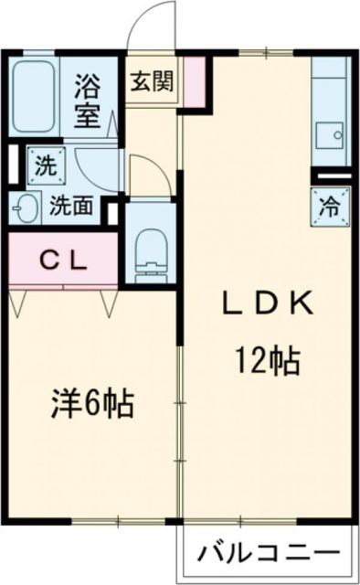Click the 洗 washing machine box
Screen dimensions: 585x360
(x=43, y=166)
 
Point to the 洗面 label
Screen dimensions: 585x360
(x=71, y=207)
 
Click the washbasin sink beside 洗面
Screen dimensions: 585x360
(x=28, y=207)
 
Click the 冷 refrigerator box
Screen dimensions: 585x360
(x=329, y=205)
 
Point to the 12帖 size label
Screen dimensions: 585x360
(x=264, y=361)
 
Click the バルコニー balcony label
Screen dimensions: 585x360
(x=269, y=554)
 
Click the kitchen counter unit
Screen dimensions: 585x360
(x=328, y=110)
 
